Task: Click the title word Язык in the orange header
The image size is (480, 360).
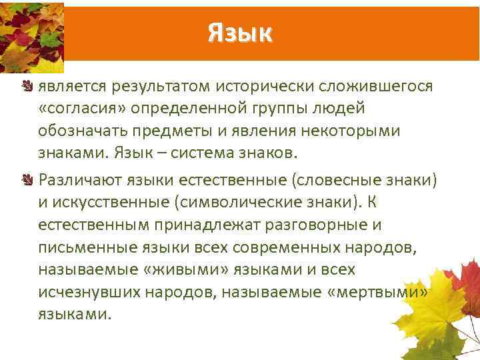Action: tap(240, 31)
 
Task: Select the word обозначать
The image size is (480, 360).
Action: tap(81, 131)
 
